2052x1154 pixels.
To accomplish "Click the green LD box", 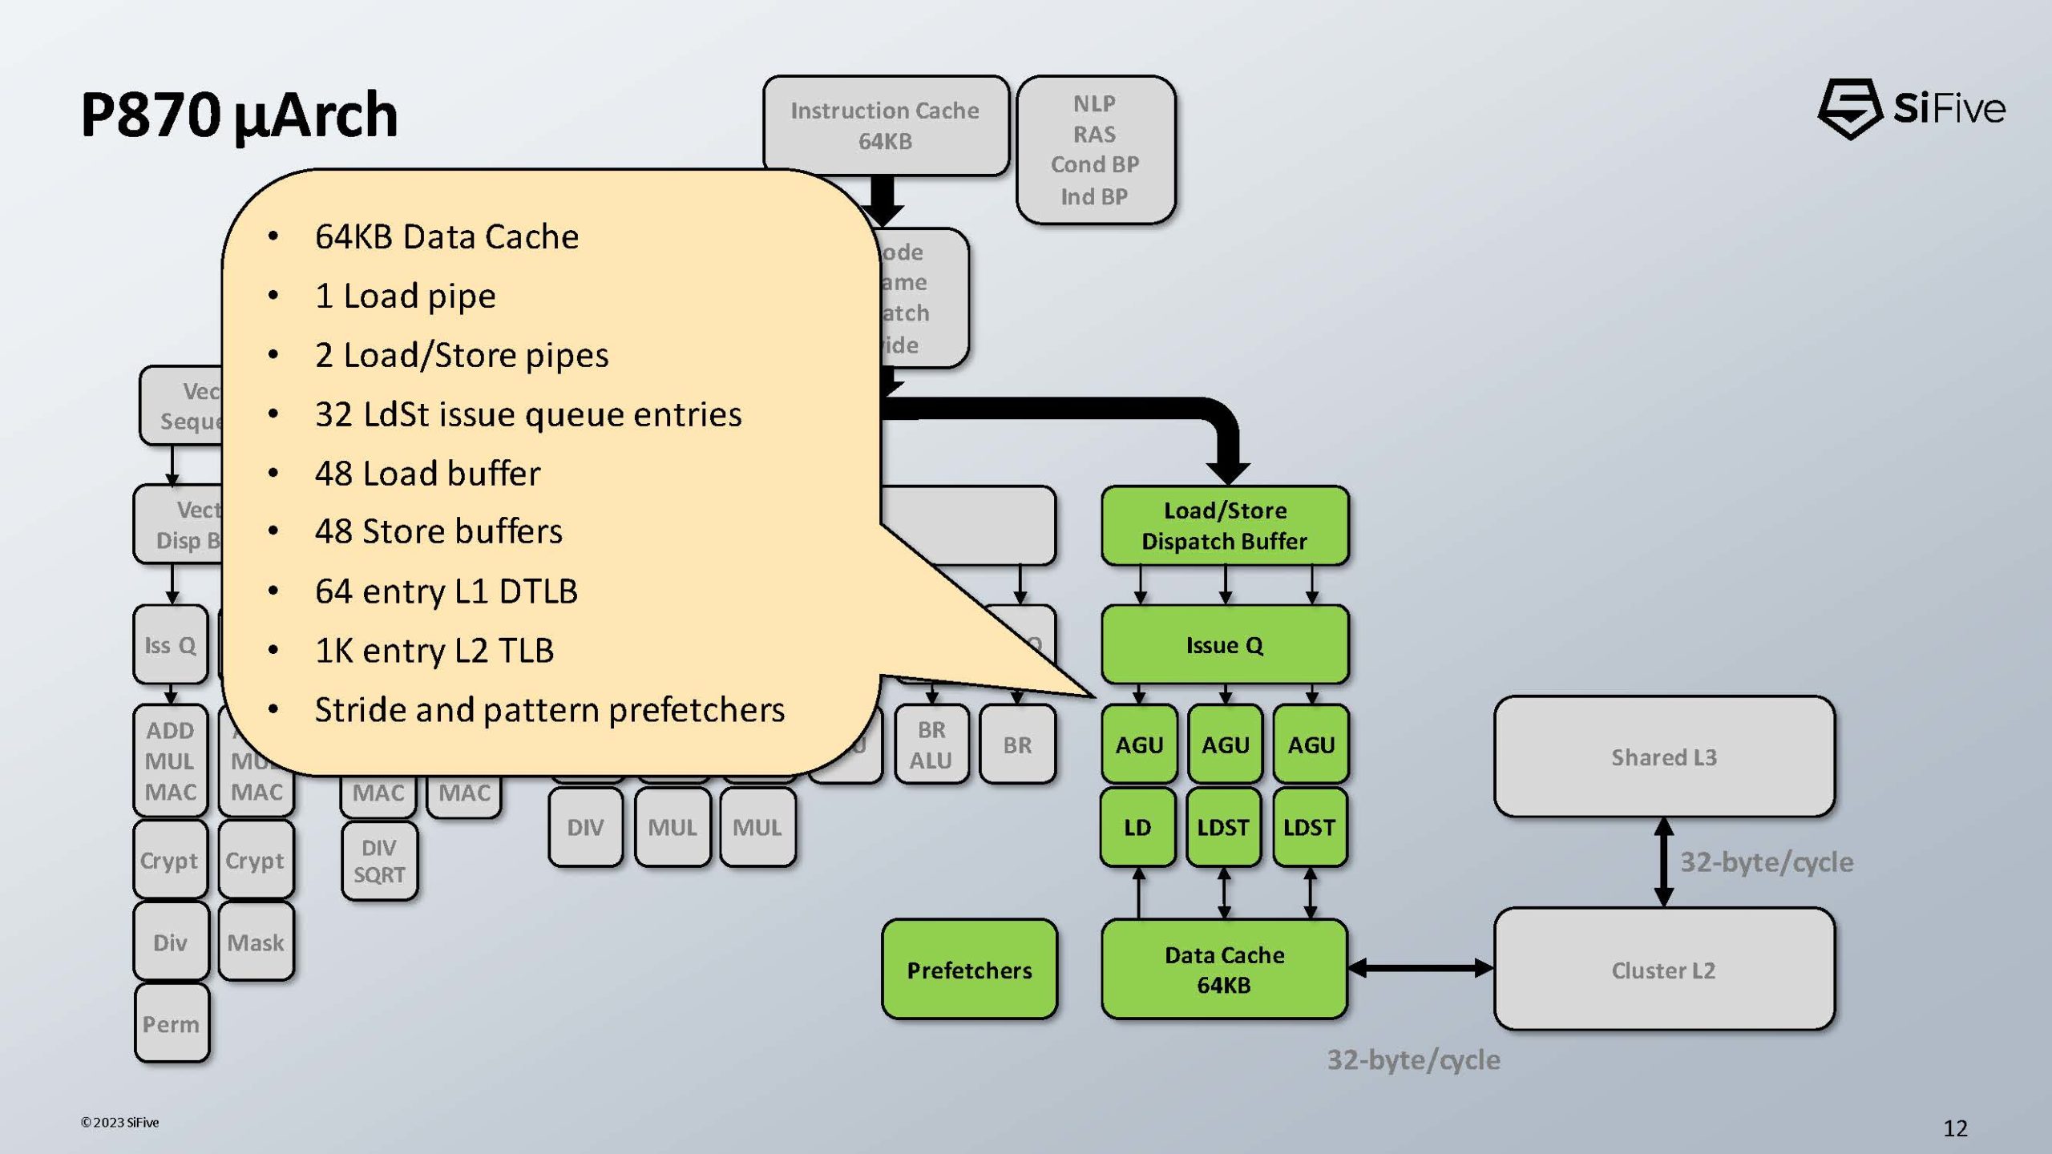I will click(1137, 827).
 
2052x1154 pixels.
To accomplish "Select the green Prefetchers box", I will click(969, 970).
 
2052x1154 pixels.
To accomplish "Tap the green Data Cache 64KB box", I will click(1224, 970).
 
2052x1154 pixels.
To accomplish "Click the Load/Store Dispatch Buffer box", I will click(1224, 526).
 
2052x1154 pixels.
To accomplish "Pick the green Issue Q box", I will click(1224, 645).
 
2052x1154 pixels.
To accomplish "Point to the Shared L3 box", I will click(1664, 757).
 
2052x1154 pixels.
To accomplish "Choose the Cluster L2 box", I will click(1664, 970).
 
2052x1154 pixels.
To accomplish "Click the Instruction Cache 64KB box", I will click(885, 126).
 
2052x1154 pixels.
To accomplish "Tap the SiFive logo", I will click(1912, 109).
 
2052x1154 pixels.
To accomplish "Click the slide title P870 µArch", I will click(239, 115).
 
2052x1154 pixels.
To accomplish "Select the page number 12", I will click(1955, 1128).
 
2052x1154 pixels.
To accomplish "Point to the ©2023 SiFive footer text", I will click(120, 1123).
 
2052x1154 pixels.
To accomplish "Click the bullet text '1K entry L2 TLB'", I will click(434, 651).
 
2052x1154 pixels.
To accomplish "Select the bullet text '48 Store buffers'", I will click(438, 531).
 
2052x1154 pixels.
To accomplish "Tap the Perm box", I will click(171, 1024).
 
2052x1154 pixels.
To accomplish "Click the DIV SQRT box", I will click(379, 861).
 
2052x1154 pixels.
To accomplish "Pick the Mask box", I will click(256, 942).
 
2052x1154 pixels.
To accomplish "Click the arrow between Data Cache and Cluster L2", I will click(1420, 968).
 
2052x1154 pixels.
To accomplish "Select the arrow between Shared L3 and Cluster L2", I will click(1663, 861).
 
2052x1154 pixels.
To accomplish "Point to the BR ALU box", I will click(931, 745).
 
